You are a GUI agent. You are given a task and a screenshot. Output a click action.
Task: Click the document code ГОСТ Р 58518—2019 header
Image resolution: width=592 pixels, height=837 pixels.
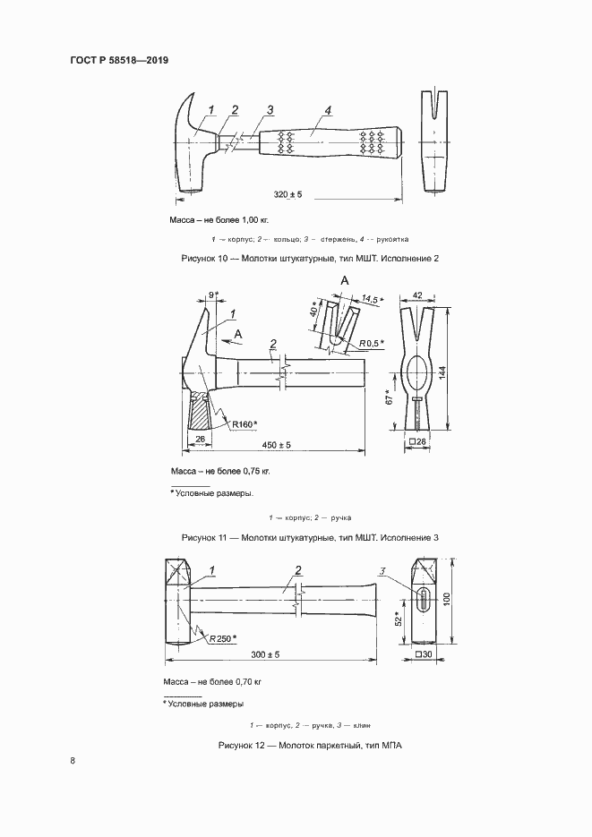click(119, 60)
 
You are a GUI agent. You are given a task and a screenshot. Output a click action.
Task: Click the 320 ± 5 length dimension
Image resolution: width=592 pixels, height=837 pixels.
click(288, 193)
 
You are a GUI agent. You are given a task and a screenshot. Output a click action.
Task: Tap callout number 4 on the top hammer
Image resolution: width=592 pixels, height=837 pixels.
click(328, 110)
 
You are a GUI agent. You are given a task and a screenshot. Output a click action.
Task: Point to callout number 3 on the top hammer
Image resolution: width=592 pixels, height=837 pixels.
click(269, 110)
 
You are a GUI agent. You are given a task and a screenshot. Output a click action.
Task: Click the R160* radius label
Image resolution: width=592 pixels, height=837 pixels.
click(244, 424)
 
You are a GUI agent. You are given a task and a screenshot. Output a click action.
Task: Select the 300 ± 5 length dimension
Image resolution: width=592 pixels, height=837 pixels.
click(265, 654)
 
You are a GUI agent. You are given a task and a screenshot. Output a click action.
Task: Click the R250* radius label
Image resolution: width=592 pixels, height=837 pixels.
click(224, 638)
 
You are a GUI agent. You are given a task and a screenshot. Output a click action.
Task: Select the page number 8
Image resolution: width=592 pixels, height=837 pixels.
click(73, 760)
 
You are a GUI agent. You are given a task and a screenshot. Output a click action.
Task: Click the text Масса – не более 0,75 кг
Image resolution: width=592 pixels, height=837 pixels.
click(219, 470)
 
